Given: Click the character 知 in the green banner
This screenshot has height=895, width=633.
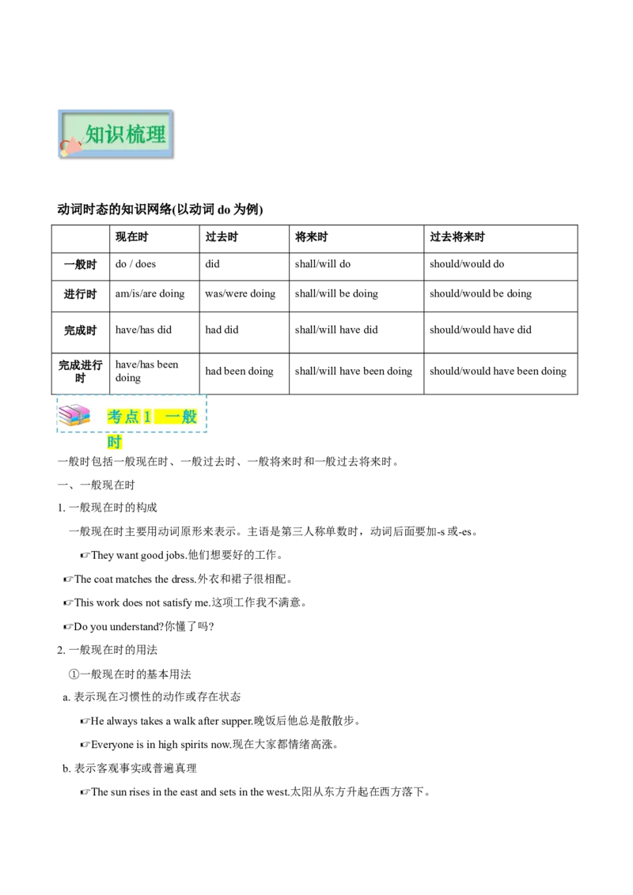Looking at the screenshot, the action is click(96, 134).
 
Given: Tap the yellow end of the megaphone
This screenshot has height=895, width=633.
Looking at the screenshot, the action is click(64, 153).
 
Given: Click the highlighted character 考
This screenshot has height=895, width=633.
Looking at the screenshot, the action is click(115, 417).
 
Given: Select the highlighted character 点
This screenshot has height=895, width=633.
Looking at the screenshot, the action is click(132, 417).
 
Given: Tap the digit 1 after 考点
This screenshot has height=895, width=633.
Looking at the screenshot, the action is click(147, 417).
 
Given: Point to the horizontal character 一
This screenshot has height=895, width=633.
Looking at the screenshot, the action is click(171, 417).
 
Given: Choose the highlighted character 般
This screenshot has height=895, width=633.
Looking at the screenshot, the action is click(189, 417).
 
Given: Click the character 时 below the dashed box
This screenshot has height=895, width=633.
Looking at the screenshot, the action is click(115, 444).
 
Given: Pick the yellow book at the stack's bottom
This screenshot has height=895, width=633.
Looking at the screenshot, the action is click(71, 423).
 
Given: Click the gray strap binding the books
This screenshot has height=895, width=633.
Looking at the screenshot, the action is click(81, 415).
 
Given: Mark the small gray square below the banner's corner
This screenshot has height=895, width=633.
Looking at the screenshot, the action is click(173, 160).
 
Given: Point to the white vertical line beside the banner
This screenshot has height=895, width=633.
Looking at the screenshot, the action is click(175, 134).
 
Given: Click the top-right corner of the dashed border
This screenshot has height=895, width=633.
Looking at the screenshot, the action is click(207, 395).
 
